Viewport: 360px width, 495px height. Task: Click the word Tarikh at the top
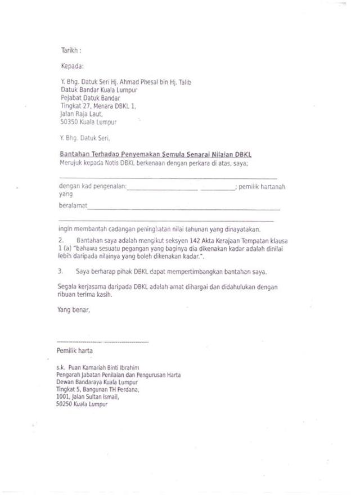click(69, 50)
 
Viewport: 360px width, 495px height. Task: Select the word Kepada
click(71, 66)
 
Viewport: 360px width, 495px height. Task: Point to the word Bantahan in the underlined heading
click(75, 154)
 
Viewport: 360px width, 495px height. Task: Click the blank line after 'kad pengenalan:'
click(163, 190)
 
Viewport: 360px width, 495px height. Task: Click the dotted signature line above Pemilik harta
click(103, 341)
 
